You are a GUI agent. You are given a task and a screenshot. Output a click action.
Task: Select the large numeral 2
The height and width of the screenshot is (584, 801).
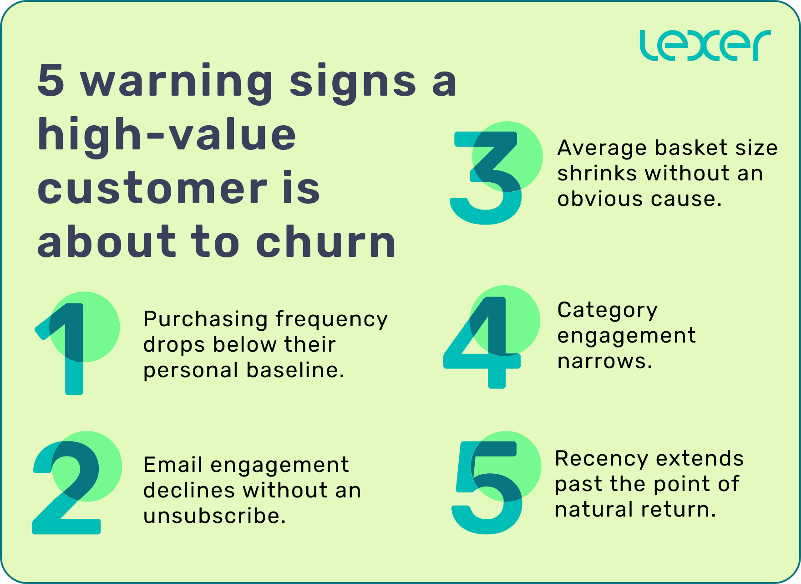(67, 487)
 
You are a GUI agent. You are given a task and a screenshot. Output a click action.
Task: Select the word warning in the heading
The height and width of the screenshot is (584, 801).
(177, 81)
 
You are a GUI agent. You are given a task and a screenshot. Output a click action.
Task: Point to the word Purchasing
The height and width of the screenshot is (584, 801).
(205, 319)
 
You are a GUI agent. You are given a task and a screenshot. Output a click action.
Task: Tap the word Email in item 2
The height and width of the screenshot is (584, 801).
(172, 465)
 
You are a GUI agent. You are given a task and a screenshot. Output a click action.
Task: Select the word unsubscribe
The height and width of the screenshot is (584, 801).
(214, 516)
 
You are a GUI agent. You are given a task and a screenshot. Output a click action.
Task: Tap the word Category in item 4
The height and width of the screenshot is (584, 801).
(608, 311)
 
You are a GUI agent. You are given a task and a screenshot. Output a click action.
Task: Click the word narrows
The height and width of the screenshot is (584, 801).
(605, 361)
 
